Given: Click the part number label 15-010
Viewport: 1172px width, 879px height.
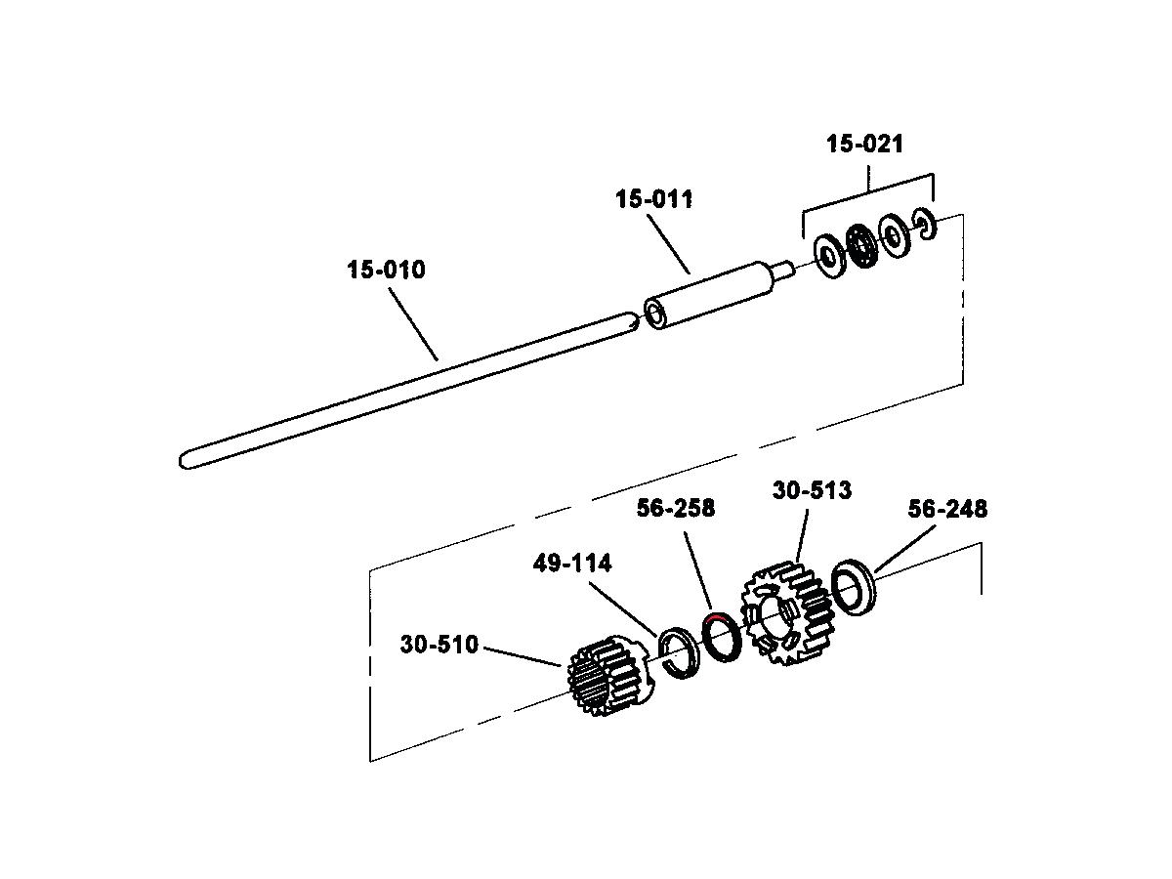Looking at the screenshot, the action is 386,270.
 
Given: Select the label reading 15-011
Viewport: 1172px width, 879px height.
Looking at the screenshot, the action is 654,199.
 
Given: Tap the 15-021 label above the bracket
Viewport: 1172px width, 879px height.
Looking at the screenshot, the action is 864,144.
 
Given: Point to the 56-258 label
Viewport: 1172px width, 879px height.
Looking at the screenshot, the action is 676,508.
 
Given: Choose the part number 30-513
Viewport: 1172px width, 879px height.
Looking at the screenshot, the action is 812,490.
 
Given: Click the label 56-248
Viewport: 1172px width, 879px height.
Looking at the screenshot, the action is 947,509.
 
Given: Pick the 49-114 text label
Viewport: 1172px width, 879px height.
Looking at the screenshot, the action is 572,564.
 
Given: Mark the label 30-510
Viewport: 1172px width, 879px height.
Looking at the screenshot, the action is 439,645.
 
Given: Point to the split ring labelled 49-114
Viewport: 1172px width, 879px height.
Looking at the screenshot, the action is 679,653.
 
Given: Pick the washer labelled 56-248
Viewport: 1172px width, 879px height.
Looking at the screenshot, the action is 855,587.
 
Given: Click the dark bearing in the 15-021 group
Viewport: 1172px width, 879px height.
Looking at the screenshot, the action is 861,245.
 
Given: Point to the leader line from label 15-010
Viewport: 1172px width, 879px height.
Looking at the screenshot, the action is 413,324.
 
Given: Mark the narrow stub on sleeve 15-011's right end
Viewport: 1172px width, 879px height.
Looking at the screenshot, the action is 785,270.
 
